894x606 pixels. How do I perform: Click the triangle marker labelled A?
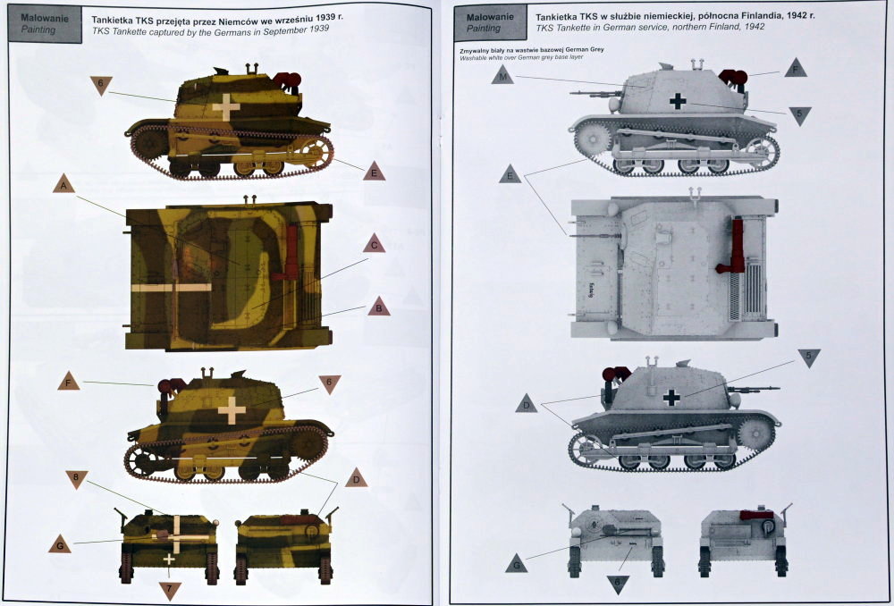pyautogui.click(x=63, y=185)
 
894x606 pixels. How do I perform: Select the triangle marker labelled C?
pyautogui.click(x=375, y=245)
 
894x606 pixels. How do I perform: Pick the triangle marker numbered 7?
pyautogui.click(x=170, y=589)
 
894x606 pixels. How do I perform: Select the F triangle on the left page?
pyautogui.click(x=69, y=383)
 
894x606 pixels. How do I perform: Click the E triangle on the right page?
pyautogui.click(x=510, y=175)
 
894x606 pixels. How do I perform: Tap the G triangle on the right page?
pyautogui.click(x=516, y=564)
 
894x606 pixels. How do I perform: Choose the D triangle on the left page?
pyautogui.click(x=356, y=477)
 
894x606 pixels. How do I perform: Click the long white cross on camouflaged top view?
pyautogui.click(x=173, y=288)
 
